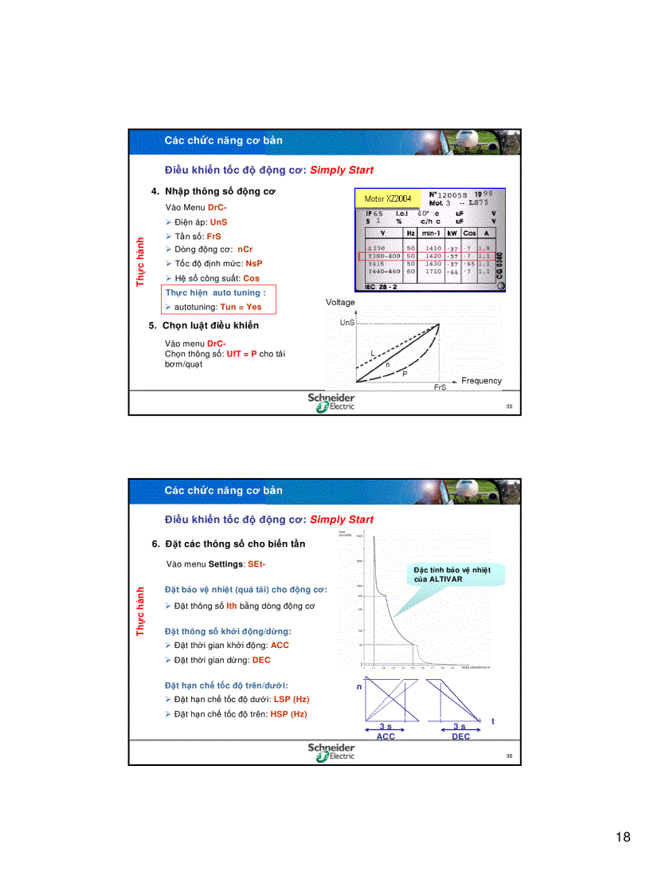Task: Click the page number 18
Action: coord(623,837)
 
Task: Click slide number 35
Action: coord(509,406)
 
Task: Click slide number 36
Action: coord(509,756)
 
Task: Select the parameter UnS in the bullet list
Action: coord(218,222)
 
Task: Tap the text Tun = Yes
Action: coord(241,307)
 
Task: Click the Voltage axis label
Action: coord(340,303)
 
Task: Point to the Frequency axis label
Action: coord(481,381)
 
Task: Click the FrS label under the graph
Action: coord(440,387)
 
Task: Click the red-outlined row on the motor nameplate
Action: coord(429,256)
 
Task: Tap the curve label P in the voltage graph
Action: coord(404,373)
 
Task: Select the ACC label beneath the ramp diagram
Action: coord(386,736)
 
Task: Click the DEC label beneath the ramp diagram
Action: coord(460,736)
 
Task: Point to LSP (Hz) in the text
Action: coord(291,699)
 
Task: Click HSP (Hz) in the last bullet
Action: coord(288,714)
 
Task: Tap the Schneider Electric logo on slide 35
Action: coord(332,402)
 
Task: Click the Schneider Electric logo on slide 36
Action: coord(332,752)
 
